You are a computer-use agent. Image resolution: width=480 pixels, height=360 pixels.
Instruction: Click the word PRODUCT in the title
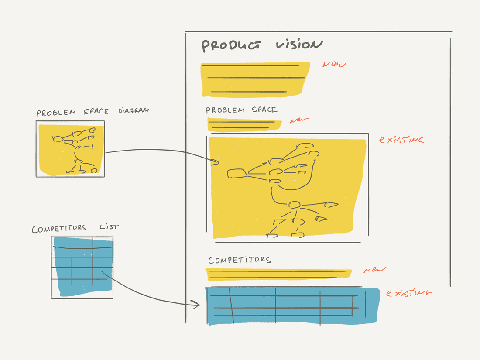click(x=231, y=45)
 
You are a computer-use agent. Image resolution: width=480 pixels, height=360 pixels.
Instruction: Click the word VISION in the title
click(x=299, y=45)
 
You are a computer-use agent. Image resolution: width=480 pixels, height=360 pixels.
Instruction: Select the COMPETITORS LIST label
click(x=75, y=228)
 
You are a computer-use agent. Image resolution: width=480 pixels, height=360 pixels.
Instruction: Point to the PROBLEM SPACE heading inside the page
click(x=241, y=110)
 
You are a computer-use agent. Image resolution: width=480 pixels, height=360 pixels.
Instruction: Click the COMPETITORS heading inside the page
click(x=240, y=260)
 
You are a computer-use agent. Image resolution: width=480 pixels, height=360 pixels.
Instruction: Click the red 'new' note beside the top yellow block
click(x=334, y=65)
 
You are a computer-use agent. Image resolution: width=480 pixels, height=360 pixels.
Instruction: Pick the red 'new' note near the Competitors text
click(x=375, y=270)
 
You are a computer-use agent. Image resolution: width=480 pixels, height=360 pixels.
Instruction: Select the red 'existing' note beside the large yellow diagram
click(x=401, y=140)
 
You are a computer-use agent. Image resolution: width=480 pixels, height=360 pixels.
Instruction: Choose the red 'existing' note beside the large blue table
click(x=409, y=293)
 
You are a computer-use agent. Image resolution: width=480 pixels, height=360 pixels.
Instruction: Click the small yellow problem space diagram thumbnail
click(x=70, y=149)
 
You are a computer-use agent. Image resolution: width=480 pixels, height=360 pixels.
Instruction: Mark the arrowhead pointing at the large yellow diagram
click(x=215, y=162)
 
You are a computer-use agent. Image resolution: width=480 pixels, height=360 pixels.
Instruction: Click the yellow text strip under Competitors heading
click(x=278, y=274)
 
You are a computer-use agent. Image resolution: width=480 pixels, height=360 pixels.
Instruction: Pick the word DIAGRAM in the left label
click(x=133, y=111)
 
